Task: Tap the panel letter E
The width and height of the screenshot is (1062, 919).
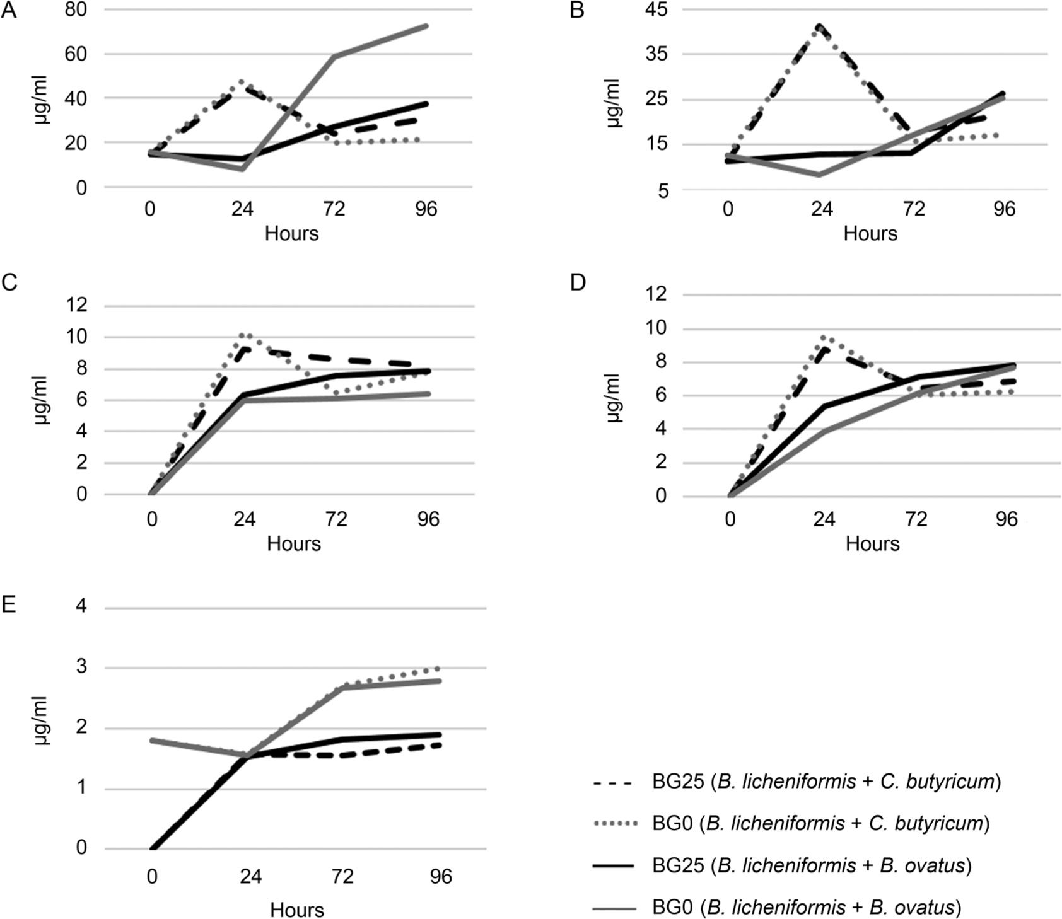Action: pos(9,604)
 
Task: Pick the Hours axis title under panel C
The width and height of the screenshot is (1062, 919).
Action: pos(294,543)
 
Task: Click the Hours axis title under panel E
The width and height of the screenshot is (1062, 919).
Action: pos(297,910)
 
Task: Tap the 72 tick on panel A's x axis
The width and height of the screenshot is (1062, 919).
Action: pos(334,209)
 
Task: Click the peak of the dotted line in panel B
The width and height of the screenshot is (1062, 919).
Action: pos(820,27)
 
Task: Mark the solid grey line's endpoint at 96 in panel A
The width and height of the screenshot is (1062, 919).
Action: pos(427,26)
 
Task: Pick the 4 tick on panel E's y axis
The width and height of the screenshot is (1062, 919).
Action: pos(81,607)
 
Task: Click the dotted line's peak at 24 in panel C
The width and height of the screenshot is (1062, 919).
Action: pos(245,335)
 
